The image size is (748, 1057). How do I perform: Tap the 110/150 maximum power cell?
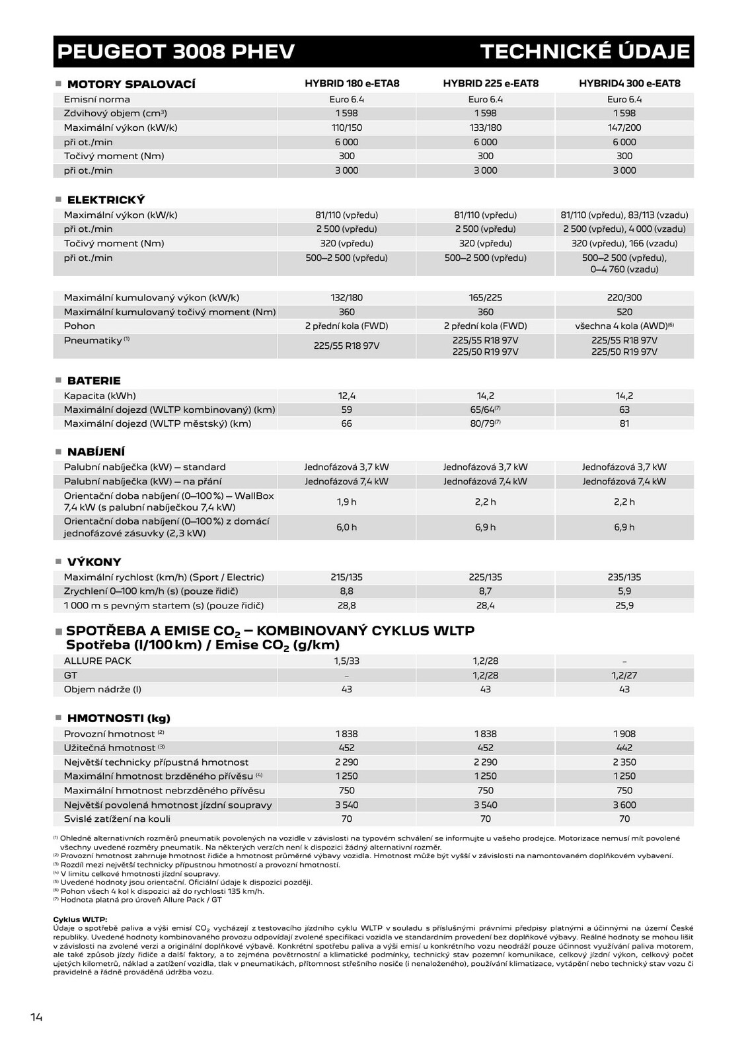coord(346,128)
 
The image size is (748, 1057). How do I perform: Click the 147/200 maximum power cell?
coord(624,128)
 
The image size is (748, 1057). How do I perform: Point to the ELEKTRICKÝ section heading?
coord(106,200)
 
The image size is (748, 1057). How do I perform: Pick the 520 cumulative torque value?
coord(624,312)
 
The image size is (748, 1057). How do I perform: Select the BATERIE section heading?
coord(94,381)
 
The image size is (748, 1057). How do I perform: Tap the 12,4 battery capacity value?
coord(346,396)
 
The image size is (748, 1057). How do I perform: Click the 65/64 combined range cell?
coord(486,410)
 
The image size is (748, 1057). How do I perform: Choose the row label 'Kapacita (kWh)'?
coord(100,396)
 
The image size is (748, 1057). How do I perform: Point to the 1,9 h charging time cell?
coord(346,502)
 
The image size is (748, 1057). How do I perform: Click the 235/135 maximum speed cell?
coord(624,577)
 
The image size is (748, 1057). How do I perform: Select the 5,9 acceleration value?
coord(624,591)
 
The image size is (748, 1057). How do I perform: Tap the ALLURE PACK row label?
coord(97,661)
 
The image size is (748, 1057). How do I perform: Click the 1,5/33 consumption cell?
coord(346,661)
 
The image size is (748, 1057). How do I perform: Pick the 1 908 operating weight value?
coord(624,733)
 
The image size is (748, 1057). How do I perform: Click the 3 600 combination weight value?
coord(624,805)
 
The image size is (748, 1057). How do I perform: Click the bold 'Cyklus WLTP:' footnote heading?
coord(80,919)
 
